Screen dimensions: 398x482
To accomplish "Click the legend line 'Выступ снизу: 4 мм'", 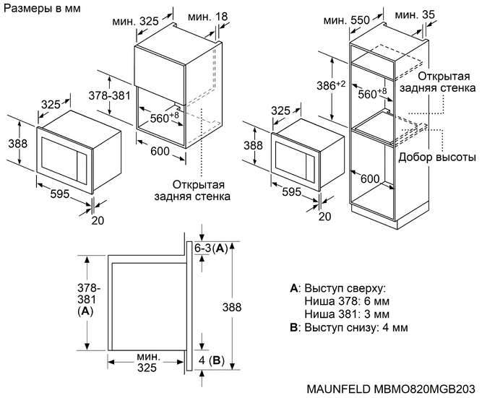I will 348,327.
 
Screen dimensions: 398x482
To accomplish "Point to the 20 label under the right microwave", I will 324,216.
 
